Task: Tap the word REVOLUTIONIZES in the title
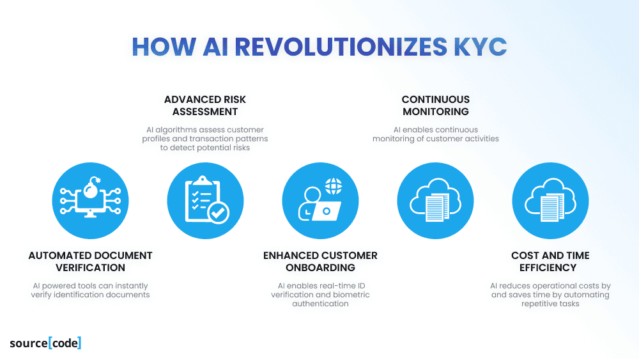click(x=341, y=47)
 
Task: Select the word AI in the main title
click(x=215, y=47)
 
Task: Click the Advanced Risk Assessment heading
click(x=205, y=106)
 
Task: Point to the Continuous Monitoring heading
click(x=436, y=106)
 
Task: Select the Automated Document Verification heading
click(x=91, y=262)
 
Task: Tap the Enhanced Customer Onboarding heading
click(x=320, y=262)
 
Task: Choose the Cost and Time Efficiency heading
click(x=550, y=262)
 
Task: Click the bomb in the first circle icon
click(x=91, y=188)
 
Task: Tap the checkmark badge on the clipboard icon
click(x=219, y=212)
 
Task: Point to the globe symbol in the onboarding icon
click(x=334, y=186)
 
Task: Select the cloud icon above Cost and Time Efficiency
click(x=550, y=200)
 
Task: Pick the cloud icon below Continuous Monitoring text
click(x=435, y=200)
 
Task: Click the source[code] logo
click(x=45, y=343)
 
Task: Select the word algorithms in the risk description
click(x=175, y=130)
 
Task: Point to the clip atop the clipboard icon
click(x=203, y=180)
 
